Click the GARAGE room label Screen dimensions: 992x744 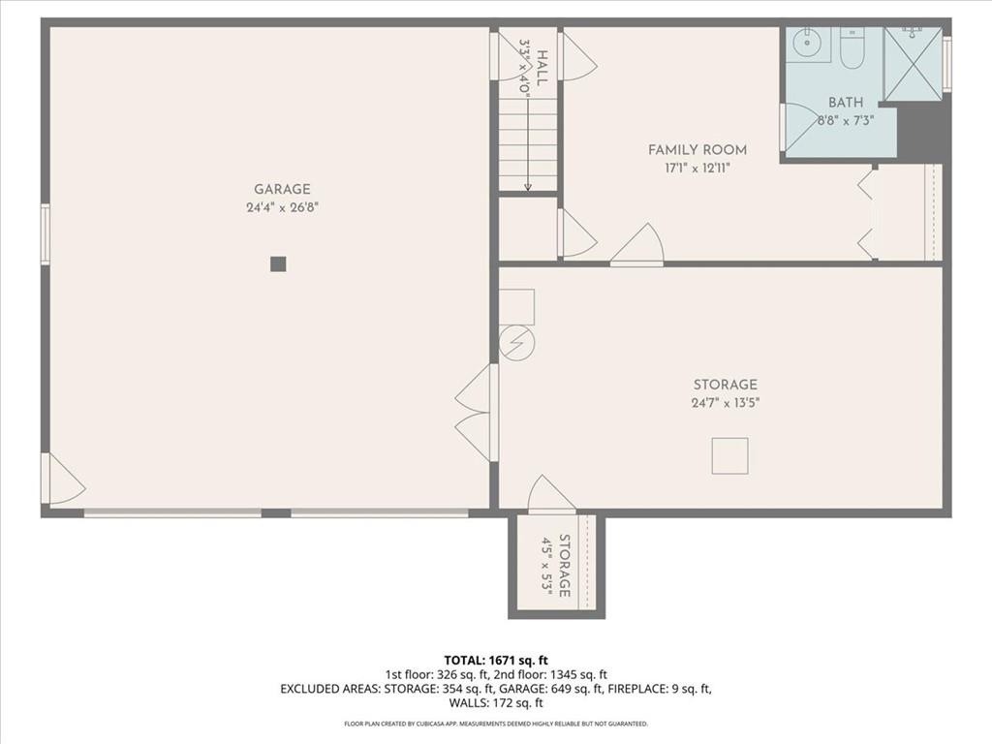point(282,189)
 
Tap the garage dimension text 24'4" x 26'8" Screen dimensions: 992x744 point(282,207)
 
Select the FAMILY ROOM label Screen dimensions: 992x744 point(697,150)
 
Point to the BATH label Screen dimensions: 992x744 point(846,102)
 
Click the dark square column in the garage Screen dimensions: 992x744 point(278,263)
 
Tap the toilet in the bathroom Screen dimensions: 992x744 point(852,48)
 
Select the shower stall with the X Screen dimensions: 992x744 point(913,64)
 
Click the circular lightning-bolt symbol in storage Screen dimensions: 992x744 point(517,343)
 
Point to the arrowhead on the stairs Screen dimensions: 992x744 point(528,187)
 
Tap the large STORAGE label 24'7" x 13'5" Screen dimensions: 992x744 point(725,393)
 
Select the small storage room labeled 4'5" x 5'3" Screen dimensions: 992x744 point(557,565)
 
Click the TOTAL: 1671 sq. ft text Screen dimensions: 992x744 point(496,661)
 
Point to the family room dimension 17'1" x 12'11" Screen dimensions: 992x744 point(697,169)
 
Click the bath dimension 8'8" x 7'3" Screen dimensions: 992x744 point(846,120)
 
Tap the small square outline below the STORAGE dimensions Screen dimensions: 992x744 point(729,455)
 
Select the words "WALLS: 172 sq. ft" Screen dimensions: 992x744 point(496,703)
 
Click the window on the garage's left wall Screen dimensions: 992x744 point(45,233)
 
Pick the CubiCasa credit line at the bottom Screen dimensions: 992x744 point(496,724)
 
